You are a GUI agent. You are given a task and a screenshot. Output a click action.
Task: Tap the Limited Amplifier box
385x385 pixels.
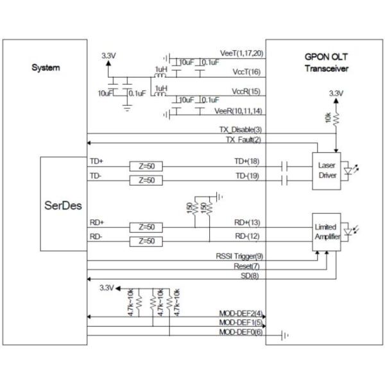(327, 232)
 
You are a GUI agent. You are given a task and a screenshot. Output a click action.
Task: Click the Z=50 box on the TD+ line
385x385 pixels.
(146, 166)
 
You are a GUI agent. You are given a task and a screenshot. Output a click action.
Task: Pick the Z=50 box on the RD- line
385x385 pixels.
(146, 241)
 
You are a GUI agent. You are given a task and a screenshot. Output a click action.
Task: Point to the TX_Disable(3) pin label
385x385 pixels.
(240, 130)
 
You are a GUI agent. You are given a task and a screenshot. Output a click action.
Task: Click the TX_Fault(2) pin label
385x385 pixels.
(243, 140)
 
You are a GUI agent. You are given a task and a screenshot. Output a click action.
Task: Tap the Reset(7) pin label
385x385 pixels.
(246, 266)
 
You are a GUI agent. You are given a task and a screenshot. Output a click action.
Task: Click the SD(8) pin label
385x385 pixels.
(251, 275)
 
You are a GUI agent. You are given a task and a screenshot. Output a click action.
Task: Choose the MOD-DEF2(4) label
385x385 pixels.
(240, 314)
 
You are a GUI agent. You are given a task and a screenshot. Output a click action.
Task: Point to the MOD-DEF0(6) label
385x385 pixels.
(240, 332)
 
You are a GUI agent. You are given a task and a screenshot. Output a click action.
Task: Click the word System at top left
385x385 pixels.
(46, 68)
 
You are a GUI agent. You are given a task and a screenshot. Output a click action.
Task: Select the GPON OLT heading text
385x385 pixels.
(326, 56)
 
